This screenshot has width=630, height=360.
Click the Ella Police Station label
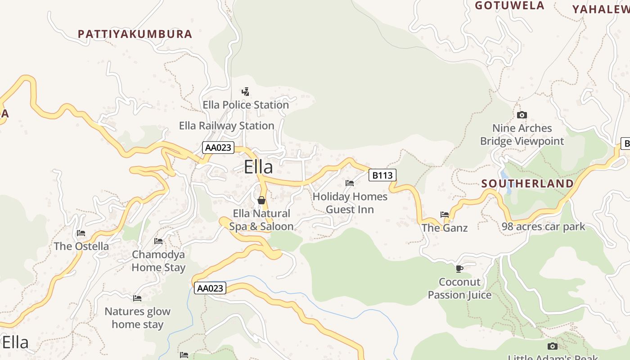pyautogui.click(x=246, y=105)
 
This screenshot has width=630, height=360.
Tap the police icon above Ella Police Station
pyautogui.click(x=245, y=92)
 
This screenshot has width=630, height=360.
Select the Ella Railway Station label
pyautogui.click(x=226, y=126)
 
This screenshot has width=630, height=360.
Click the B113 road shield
pyautogui.click(x=382, y=175)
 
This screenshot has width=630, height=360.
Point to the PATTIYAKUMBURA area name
pyautogui.click(x=135, y=34)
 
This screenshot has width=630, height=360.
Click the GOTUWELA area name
pyautogui.click(x=509, y=6)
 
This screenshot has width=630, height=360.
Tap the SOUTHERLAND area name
pyautogui.click(x=527, y=184)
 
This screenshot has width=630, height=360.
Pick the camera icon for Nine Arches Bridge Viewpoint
pyautogui.click(x=522, y=115)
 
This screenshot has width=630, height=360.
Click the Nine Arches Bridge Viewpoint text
pyautogui.click(x=522, y=135)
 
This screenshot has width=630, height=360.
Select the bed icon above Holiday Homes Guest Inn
pyautogui.click(x=350, y=183)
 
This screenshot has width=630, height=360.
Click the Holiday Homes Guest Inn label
pyautogui.click(x=350, y=203)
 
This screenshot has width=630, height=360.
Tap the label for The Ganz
pyautogui.click(x=445, y=228)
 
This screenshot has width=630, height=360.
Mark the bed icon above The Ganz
pyautogui.click(x=445, y=215)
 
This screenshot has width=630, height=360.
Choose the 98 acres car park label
pyautogui.click(x=543, y=226)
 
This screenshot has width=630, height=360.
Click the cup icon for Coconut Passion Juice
pyautogui.click(x=459, y=269)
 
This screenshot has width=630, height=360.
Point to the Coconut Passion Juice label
pyautogui.click(x=459, y=288)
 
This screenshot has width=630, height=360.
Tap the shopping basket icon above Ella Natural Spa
pyautogui.click(x=261, y=200)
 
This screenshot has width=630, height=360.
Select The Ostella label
pyautogui.click(x=81, y=246)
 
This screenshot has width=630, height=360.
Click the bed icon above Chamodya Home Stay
pyautogui.click(x=158, y=241)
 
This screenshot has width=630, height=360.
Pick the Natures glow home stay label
pyautogui.click(x=137, y=318)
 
